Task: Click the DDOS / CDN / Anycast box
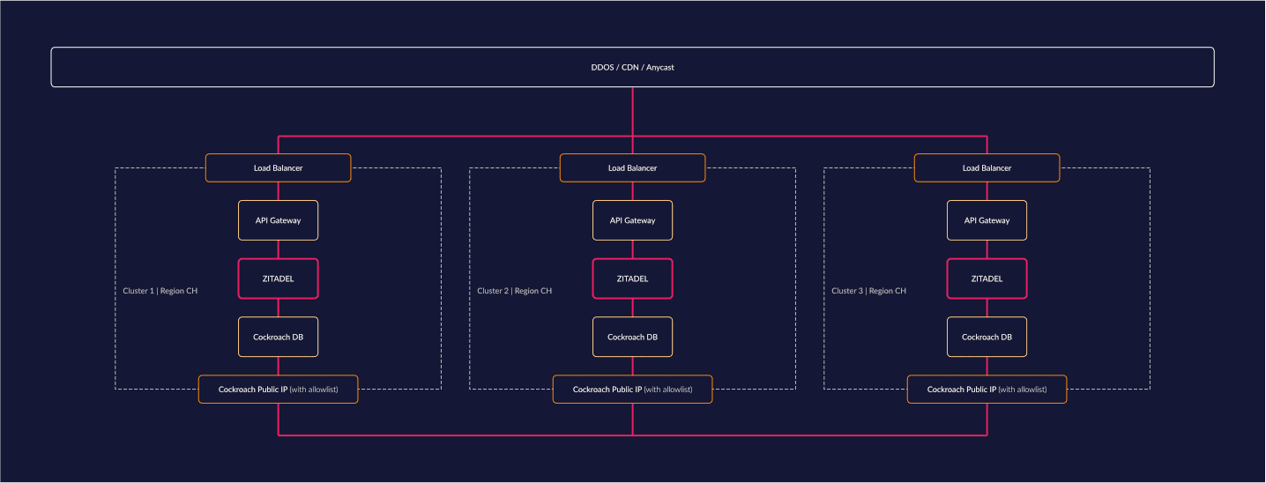(x=632, y=67)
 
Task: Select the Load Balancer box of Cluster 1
(x=278, y=167)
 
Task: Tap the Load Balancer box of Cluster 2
(x=632, y=167)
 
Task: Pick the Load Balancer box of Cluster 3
(x=987, y=167)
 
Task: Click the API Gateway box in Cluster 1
(x=278, y=220)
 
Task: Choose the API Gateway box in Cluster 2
(x=632, y=220)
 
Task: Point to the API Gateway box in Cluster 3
(x=987, y=220)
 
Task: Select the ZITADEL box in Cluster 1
(x=278, y=279)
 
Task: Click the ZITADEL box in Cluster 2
(x=632, y=279)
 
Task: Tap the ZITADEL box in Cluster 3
(x=987, y=279)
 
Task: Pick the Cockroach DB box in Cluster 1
(x=278, y=337)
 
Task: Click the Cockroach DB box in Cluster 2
(x=632, y=337)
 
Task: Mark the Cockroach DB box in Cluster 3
(x=987, y=337)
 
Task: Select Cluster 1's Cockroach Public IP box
(x=278, y=390)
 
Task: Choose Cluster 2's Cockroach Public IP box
(x=632, y=390)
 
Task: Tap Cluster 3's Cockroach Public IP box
(x=987, y=390)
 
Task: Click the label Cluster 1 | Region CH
(x=160, y=291)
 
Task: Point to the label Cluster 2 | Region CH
(x=515, y=291)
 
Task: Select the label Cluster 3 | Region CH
(x=869, y=291)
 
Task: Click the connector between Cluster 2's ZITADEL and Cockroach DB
(x=632, y=308)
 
